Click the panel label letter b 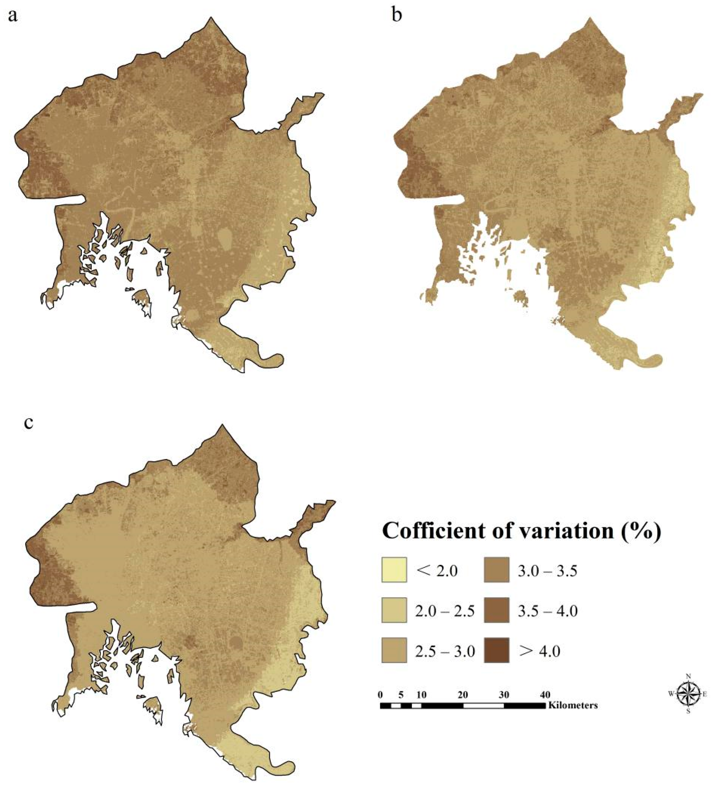tap(397, 15)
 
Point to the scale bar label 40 tap(545, 695)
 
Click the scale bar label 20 tap(463, 695)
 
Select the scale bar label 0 tap(381, 695)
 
